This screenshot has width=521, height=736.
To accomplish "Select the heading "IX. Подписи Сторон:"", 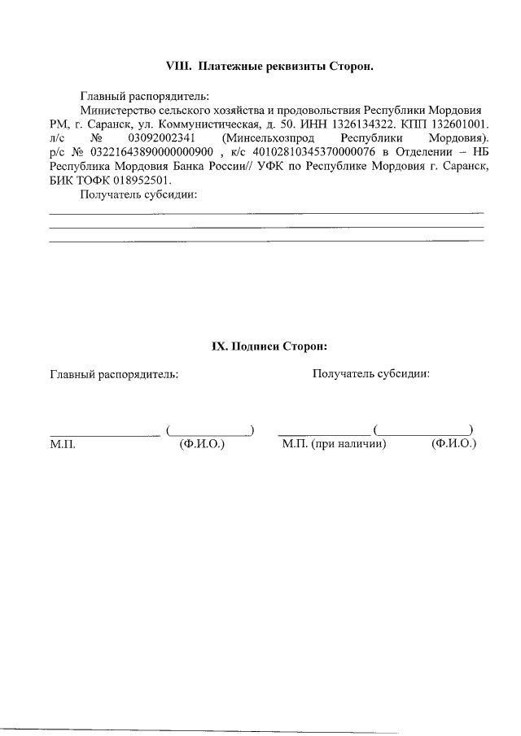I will pos(269,346).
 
